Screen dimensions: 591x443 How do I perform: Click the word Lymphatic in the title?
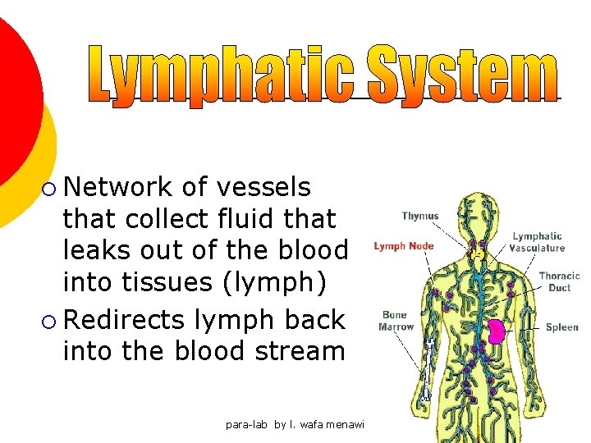tap(222, 75)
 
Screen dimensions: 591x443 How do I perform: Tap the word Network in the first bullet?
tap(118, 187)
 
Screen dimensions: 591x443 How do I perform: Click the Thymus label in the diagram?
tap(419, 217)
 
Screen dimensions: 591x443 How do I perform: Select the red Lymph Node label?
tap(403, 246)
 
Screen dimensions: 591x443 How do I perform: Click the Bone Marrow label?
tap(396, 321)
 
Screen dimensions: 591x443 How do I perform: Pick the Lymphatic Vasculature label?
tap(537, 242)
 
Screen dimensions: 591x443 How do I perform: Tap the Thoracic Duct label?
tap(559, 282)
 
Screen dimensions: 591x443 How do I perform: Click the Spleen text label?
tap(561, 327)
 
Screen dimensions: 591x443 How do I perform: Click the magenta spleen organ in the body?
tap(497, 331)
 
